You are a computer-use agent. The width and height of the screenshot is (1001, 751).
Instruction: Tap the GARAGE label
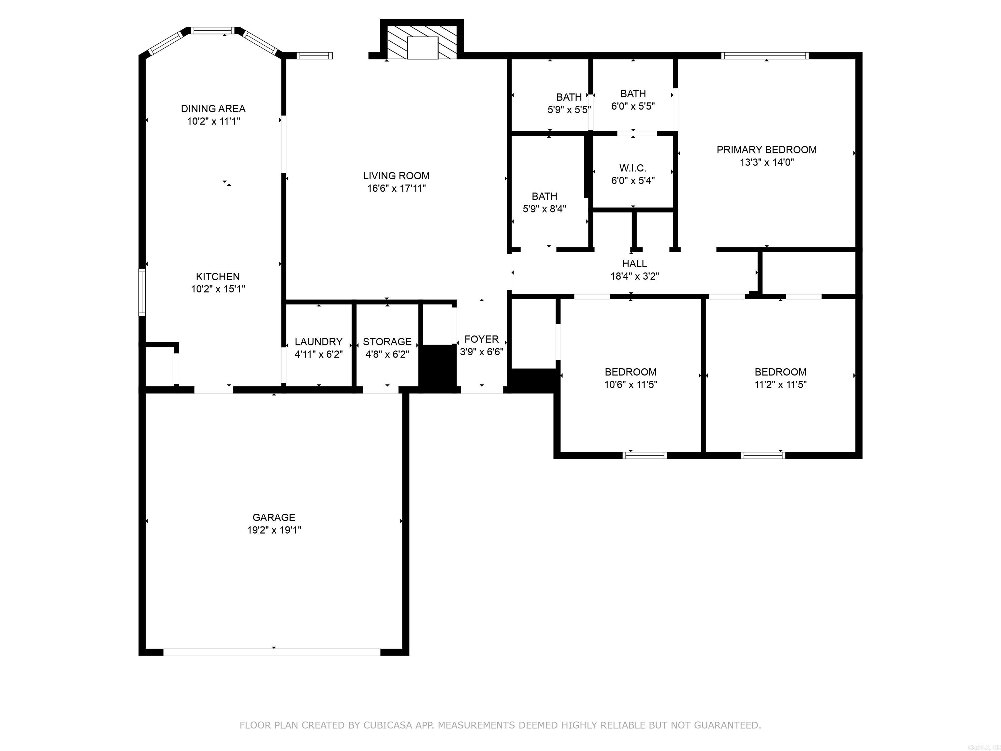coord(274,517)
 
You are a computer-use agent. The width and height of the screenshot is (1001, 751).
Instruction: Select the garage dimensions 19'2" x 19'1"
coord(274,530)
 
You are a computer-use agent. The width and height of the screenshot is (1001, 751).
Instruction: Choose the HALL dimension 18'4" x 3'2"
coord(634,276)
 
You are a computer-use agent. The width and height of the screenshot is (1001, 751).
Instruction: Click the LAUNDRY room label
coord(319,342)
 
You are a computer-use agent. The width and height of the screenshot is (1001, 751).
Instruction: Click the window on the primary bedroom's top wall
coord(765,56)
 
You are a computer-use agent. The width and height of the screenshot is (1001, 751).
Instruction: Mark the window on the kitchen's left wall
coord(142,292)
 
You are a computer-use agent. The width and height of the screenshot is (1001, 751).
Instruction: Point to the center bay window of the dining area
coord(212,31)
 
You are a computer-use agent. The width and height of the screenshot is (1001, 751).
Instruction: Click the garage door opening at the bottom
coord(272,652)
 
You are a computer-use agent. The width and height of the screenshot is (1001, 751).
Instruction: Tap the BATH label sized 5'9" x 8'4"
coord(544,197)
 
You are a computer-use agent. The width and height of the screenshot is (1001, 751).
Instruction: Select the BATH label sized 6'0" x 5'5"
coord(633,94)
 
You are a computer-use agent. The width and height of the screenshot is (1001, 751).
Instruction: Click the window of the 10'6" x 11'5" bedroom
coord(645,455)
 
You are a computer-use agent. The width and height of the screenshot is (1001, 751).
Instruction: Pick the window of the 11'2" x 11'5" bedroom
coord(763,455)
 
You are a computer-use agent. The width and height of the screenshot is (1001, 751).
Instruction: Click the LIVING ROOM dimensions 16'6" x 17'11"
coord(397,188)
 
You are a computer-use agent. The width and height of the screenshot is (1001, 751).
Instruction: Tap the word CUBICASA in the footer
coord(388,725)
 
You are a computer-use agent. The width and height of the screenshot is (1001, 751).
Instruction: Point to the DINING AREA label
coord(213,109)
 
